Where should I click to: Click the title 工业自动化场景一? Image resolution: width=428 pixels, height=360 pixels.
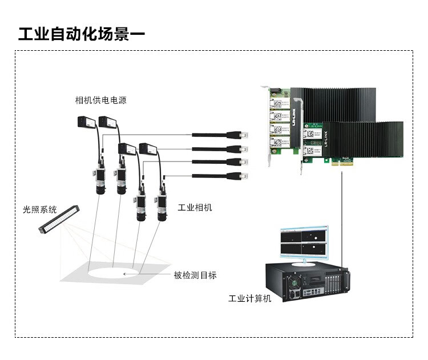point(81,34)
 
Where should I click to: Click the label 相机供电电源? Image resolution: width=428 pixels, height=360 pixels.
point(101,100)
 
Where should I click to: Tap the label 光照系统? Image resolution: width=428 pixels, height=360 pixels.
point(40,210)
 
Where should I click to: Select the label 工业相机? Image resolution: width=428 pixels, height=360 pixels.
point(195,207)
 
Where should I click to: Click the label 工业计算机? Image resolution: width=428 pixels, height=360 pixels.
point(250,298)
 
